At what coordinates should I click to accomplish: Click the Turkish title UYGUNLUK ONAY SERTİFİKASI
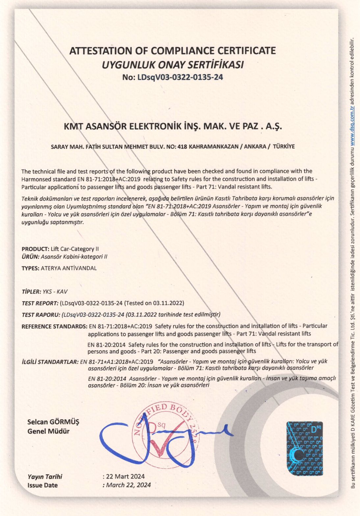[x=172, y=64]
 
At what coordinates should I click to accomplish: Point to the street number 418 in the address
[x=182, y=147]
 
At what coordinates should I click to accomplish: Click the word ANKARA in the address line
[x=255, y=147]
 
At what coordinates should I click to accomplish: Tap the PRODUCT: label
[x=35, y=249]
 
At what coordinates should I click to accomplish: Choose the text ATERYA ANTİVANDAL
[x=69, y=268]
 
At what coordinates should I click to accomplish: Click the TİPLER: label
[x=31, y=292]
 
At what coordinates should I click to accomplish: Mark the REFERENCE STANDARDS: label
[x=54, y=327]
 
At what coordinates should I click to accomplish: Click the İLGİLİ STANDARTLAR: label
[x=50, y=362]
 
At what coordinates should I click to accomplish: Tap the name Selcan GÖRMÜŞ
[x=53, y=422]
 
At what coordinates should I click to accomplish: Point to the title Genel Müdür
[x=48, y=431]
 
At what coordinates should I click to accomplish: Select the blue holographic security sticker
[x=304, y=448]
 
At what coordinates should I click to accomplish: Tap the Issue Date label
[x=42, y=485]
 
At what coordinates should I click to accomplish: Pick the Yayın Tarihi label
[x=45, y=477]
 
